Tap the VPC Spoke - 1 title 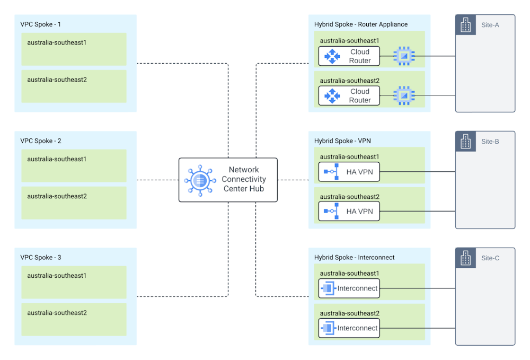click(40, 24)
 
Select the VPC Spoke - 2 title click(40, 141)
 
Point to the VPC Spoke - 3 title click(40, 258)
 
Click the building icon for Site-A click(465, 25)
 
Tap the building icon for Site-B click(465, 142)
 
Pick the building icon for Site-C click(465, 258)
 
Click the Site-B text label click(490, 142)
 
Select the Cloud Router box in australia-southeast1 click(349, 56)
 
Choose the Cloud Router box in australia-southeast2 click(349, 95)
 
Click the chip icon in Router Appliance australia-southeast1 click(404, 56)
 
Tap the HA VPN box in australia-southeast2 click(349, 211)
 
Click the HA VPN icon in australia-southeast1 click(332, 172)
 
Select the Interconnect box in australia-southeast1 click(349, 288)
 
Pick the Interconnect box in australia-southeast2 click(349, 328)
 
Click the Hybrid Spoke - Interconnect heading click(354, 258)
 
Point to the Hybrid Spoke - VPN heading click(342, 141)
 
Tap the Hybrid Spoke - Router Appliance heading click(360, 24)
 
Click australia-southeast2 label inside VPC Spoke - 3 click(57, 313)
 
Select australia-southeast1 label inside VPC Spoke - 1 click(57, 42)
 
